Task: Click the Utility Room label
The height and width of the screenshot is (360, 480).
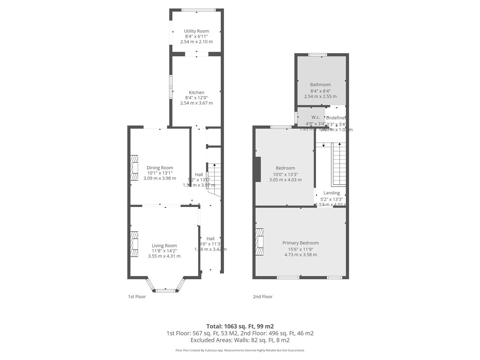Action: tap(196, 31)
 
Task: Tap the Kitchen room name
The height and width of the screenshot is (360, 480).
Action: tap(196, 92)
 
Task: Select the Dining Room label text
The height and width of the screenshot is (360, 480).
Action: tap(160, 168)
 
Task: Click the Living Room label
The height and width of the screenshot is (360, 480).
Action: tap(164, 246)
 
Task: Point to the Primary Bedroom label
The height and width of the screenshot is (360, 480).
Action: tap(300, 243)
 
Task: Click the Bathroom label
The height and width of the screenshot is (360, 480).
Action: tap(320, 85)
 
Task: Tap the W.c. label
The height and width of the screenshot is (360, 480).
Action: tap(315, 117)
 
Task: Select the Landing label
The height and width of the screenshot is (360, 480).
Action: tap(331, 193)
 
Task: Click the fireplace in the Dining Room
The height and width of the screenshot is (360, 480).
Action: tap(134, 168)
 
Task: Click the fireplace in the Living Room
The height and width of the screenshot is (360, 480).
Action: tap(134, 244)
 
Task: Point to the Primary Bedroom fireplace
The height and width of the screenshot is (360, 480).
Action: tap(259, 242)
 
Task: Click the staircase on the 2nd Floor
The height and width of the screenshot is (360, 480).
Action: tap(339, 165)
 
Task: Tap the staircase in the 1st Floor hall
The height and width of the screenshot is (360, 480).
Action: tap(215, 177)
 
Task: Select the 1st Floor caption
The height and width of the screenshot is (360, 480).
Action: tap(137, 297)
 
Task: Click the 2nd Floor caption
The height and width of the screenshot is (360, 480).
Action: tap(262, 297)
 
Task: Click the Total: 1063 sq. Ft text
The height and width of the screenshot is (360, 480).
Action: tap(240, 326)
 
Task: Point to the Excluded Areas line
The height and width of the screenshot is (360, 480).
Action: tap(240, 340)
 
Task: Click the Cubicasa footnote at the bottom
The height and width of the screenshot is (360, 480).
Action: tap(240, 350)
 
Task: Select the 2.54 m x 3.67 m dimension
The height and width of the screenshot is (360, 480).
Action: tap(196, 103)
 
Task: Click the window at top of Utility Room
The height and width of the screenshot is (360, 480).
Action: tap(196, 10)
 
